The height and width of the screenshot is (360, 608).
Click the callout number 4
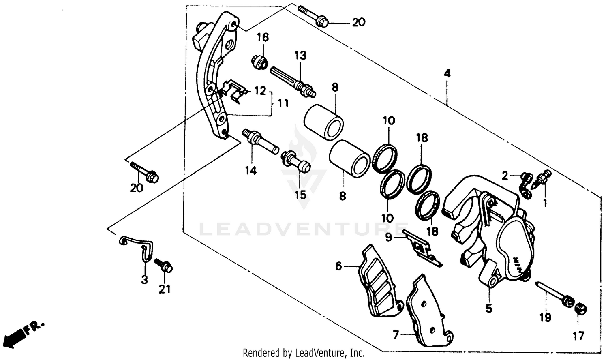447,74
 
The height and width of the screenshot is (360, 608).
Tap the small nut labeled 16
259,62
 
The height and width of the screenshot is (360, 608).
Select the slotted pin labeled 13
292,81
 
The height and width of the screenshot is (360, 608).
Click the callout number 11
283,103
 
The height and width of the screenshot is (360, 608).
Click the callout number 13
300,56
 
